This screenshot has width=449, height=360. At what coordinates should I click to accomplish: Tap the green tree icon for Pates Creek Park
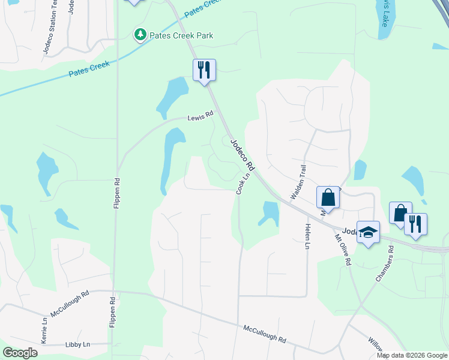click(140, 35)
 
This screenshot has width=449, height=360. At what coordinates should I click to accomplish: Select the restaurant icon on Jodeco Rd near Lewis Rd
click(204, 70)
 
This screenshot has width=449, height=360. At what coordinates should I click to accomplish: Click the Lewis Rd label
click(200, 118)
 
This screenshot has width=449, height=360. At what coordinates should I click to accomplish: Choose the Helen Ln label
click(307, 235)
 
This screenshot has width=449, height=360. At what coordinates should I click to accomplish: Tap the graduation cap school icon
click(367, 232)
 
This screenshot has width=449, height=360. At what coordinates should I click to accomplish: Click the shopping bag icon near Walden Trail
click(328, 197)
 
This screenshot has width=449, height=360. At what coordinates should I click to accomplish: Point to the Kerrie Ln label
click(44, 329)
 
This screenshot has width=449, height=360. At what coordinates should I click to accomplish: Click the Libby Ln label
click(77, 344)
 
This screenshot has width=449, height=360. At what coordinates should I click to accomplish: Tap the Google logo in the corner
click(20, 353)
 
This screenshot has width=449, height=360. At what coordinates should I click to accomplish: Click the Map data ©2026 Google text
click(412, 355)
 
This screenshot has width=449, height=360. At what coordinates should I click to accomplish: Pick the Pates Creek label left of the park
click(89, 70)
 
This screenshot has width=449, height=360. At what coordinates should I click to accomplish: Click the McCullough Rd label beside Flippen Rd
click(70, 303)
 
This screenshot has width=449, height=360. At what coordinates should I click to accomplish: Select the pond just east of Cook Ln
click(270, 213)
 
